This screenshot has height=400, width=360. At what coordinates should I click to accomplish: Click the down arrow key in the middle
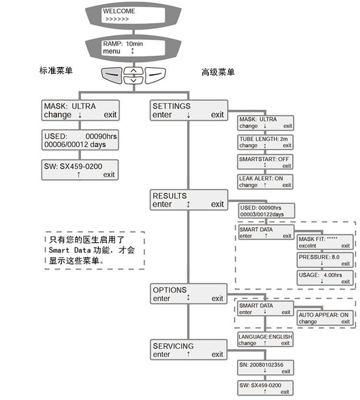click(133, 80)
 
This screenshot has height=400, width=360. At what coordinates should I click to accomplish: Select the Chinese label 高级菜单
click(218, 72)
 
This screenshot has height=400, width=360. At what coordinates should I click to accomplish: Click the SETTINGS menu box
click(188, 110)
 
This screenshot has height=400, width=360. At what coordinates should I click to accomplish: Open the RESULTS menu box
click(188, 200)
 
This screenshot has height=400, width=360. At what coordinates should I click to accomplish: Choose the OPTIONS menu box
click(188, 294)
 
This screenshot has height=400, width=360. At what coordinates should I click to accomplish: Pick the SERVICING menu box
click(188, 350)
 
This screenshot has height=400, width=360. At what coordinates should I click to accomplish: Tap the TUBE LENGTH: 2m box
click(265, 142)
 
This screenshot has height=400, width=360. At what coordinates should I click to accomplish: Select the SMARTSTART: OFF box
click(265, 162)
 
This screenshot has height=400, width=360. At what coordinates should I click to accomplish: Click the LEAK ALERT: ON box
click(265, 181)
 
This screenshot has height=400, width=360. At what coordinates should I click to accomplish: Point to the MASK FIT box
click(324, 242)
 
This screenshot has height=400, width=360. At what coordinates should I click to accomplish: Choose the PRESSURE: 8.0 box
click(324, 260)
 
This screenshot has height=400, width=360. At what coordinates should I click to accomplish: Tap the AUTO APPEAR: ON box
click(324, 318)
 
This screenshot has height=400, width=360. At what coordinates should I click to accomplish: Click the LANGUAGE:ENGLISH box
click(265, 340)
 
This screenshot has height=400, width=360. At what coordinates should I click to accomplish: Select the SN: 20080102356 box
click(265, 368)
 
